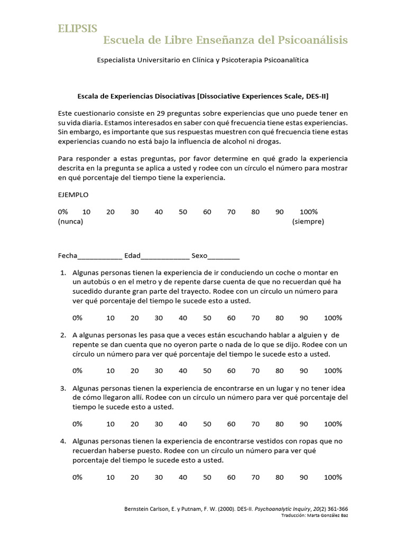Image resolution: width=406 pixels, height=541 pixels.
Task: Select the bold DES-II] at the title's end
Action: point(317,96)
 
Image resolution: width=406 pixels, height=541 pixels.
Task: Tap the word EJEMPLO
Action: point(73,194)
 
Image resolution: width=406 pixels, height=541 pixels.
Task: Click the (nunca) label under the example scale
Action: point(70,221)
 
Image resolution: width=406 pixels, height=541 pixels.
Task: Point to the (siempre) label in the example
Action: point(308,221)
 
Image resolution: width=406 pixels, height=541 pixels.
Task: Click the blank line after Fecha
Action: point(100,256)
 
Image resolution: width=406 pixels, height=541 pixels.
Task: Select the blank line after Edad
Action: point(165,256)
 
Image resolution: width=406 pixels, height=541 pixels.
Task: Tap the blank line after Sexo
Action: point(224,256)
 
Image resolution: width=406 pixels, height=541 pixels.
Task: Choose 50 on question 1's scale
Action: point(207,318)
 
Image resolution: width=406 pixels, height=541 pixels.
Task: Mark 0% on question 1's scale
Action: point(77,318)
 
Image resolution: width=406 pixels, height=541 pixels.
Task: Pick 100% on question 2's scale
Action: point(333,371)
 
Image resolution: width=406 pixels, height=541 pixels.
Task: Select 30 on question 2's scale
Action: point(159,371)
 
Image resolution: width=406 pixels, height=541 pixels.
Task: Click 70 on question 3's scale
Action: point(256,424)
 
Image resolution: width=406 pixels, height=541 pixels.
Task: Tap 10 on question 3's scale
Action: point(110,424)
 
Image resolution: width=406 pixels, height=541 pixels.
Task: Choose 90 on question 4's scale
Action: point(304,477)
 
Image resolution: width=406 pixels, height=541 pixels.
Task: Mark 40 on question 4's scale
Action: point(183,477)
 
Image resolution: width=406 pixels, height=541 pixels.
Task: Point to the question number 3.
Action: point(63,388)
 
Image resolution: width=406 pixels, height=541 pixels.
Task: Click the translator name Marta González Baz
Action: point(324,516)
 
